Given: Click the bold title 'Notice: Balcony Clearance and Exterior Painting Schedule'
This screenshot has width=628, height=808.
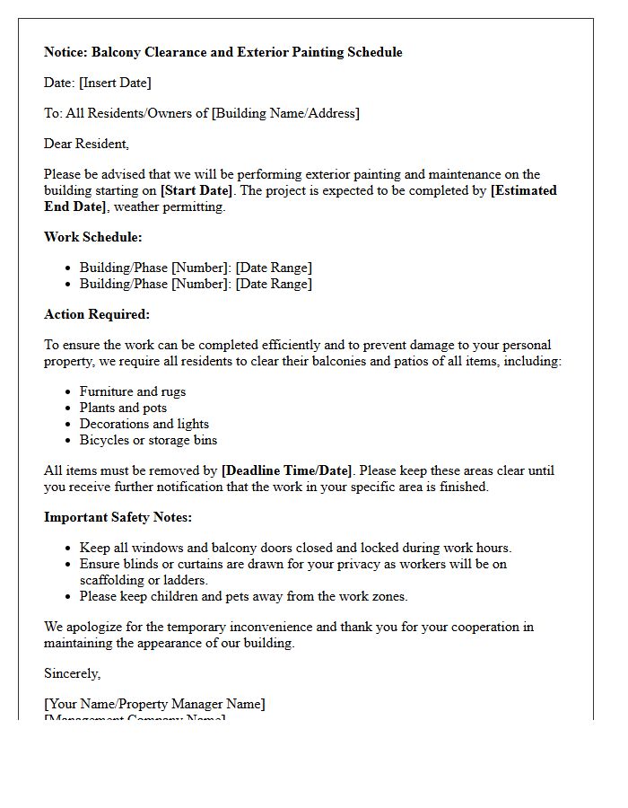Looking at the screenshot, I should [222, 52].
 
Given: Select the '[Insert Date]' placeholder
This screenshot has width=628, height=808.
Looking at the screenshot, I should [115, 83].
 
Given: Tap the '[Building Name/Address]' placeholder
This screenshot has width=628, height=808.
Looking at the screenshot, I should [285, 113].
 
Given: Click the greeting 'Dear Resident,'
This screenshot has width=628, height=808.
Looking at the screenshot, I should [86, 144].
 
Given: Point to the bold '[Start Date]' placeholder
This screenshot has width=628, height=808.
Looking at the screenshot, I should [196, 190].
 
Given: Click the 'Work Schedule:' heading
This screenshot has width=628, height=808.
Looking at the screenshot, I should [93, 237].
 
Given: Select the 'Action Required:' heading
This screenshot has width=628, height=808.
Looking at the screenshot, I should [97, 314].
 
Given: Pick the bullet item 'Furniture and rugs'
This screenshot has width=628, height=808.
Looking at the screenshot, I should [133, 391].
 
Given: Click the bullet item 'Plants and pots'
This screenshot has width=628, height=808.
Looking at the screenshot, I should [123, 408].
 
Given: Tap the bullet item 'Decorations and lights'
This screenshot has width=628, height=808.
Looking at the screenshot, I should [144, 424].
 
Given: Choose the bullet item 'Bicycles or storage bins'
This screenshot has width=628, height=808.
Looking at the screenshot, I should [148, 440].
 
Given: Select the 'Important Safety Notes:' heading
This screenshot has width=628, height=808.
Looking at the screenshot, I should [118, 517].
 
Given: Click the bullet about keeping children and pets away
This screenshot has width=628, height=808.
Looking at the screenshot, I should [243, 596].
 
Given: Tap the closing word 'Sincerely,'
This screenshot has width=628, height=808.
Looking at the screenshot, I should [73, 673].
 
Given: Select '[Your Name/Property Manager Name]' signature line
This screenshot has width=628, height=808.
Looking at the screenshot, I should [154, 704].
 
